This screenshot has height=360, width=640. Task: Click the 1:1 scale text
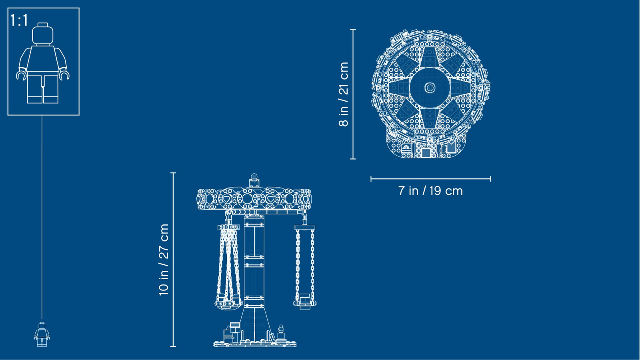point(19,20)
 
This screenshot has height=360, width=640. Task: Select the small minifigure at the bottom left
point(42,334)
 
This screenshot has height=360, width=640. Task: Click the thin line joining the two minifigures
point(42,217)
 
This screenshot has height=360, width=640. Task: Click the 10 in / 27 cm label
point(164,260)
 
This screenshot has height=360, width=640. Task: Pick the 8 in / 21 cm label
point(344,94)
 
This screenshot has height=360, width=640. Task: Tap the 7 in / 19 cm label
point(430,191)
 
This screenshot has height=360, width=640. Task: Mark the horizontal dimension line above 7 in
point(431,179)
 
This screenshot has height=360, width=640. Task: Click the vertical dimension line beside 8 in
point(353,94)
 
